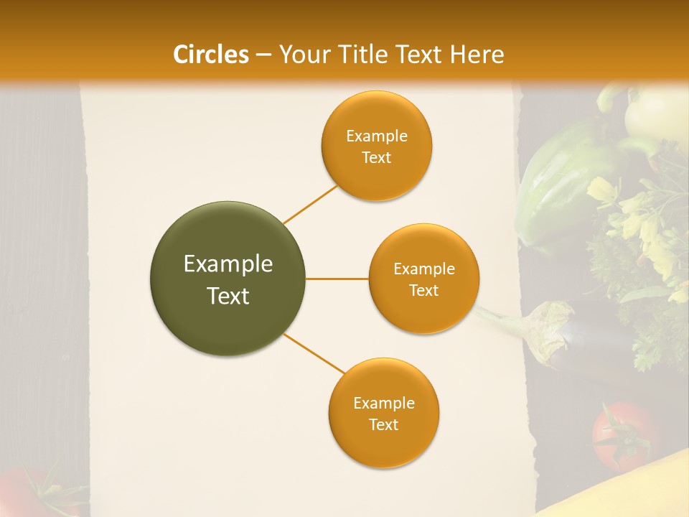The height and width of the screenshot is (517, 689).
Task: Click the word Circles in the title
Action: (x=211, y=55)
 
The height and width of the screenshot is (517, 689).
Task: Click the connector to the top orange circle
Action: (x=310, y=204)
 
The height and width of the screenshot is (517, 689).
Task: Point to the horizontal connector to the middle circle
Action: (x=337, y=279)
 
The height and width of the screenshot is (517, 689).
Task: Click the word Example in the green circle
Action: (x=228, y=264)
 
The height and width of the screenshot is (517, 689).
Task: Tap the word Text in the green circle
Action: (x=228, y=296)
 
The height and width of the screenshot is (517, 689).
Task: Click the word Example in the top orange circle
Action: (x=376, y=136)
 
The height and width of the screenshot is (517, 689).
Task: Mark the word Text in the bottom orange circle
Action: (x=383, y=424)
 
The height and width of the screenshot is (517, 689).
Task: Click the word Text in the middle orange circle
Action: (x=423, y=290)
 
